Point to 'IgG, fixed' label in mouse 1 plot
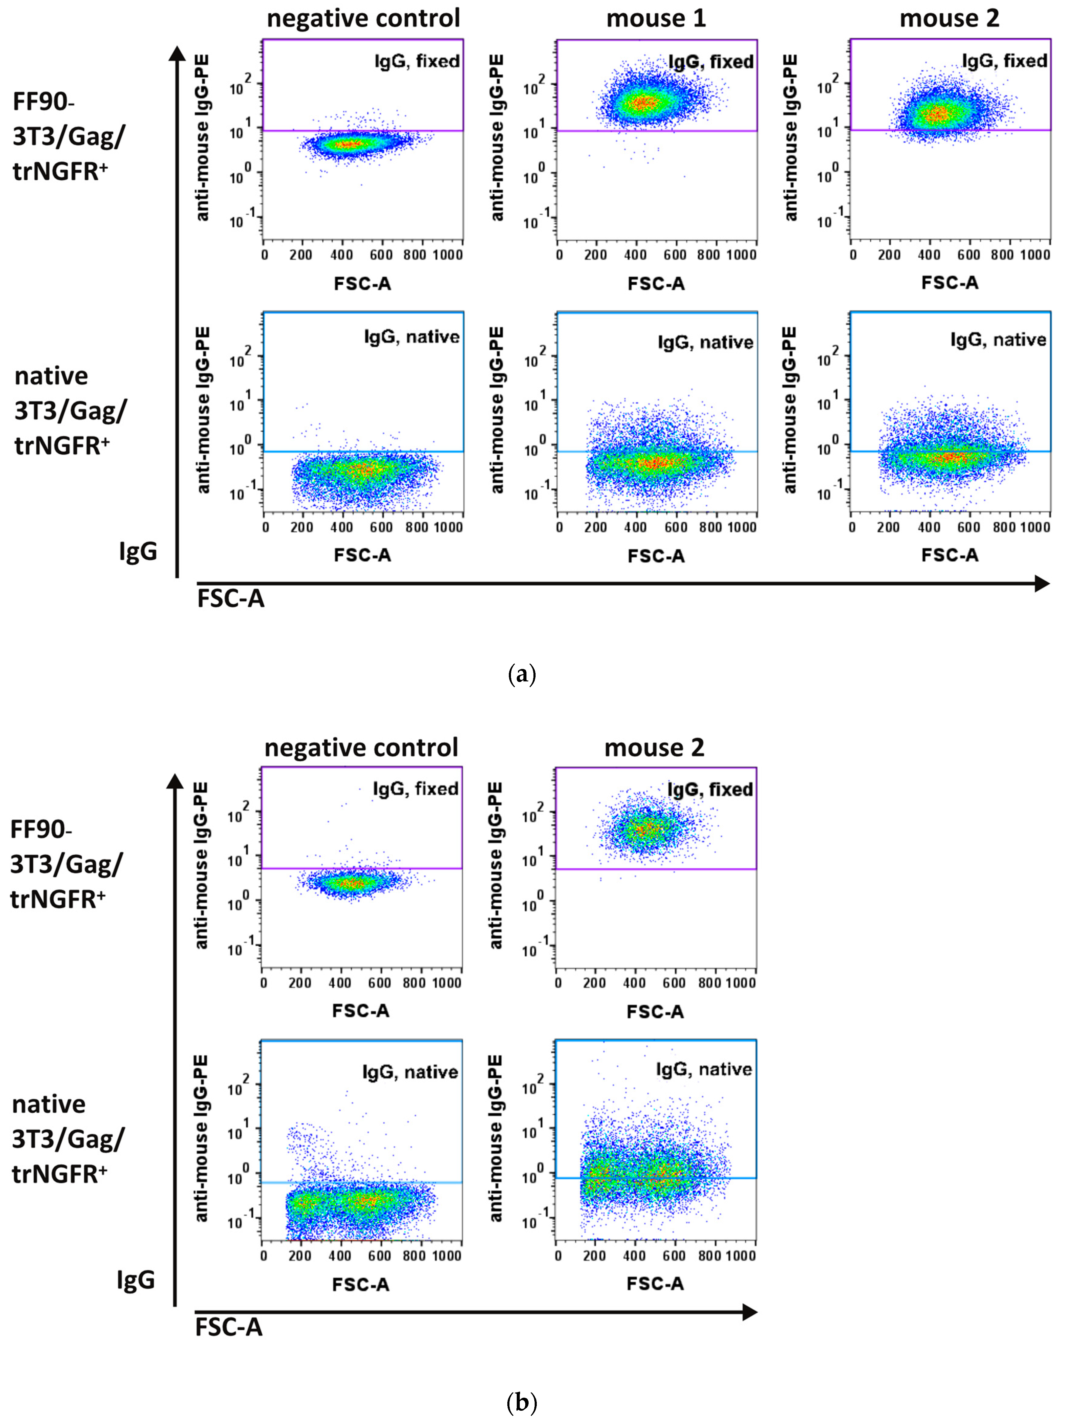pyautogui.click(x=711, y=62)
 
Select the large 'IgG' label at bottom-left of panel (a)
pyautogui.click(x=138, y=551)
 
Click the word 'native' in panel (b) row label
pyautogui.click(x=49, y=1104)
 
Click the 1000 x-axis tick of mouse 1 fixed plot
pyautogui.click(x=741, y=255)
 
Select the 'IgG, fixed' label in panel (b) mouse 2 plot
pyautogui.click(x=710, y=790)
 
